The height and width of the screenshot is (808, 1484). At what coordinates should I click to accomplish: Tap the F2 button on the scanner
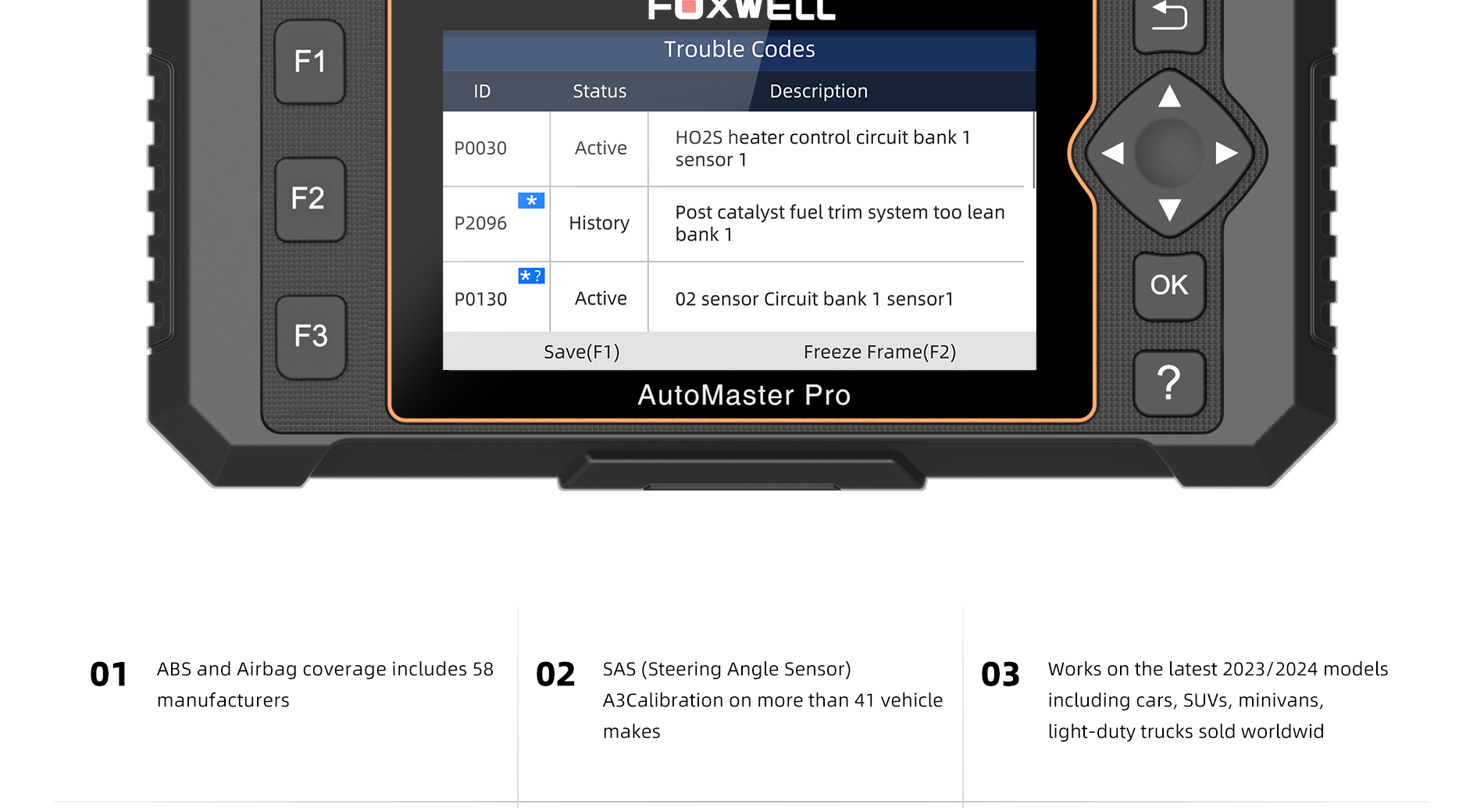(x=309, y=199)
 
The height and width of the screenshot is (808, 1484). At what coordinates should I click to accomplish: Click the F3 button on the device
(x=311, y=336)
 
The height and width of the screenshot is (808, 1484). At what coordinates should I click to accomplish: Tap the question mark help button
(x=1168, y=383)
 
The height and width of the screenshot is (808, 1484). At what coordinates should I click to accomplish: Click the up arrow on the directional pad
(x=1169, y=96)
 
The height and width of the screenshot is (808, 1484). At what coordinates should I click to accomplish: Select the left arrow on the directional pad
(x=1112, y=153)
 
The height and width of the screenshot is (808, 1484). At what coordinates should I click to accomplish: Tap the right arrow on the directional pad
(x=1226, y=153)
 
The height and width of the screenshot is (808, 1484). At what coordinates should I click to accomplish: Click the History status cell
(x=599, y=223)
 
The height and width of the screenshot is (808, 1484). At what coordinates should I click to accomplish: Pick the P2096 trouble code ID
(x=480, y=223)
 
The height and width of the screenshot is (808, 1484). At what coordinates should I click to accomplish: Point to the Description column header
(x=819, y=91)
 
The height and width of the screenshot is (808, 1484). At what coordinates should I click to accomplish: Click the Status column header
(x=600, y=91)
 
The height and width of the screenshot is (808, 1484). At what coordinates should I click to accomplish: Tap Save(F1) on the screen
(x=582, y=352)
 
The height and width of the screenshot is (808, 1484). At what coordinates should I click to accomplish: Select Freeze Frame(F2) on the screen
(x=879, y=352)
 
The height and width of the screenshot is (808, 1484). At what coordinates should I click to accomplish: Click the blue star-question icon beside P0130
(x=531, y=276)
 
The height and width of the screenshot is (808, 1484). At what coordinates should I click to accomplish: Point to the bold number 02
(x=555, y=675)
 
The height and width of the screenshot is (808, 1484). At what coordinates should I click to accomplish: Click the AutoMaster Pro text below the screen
(x=744, y=395)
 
